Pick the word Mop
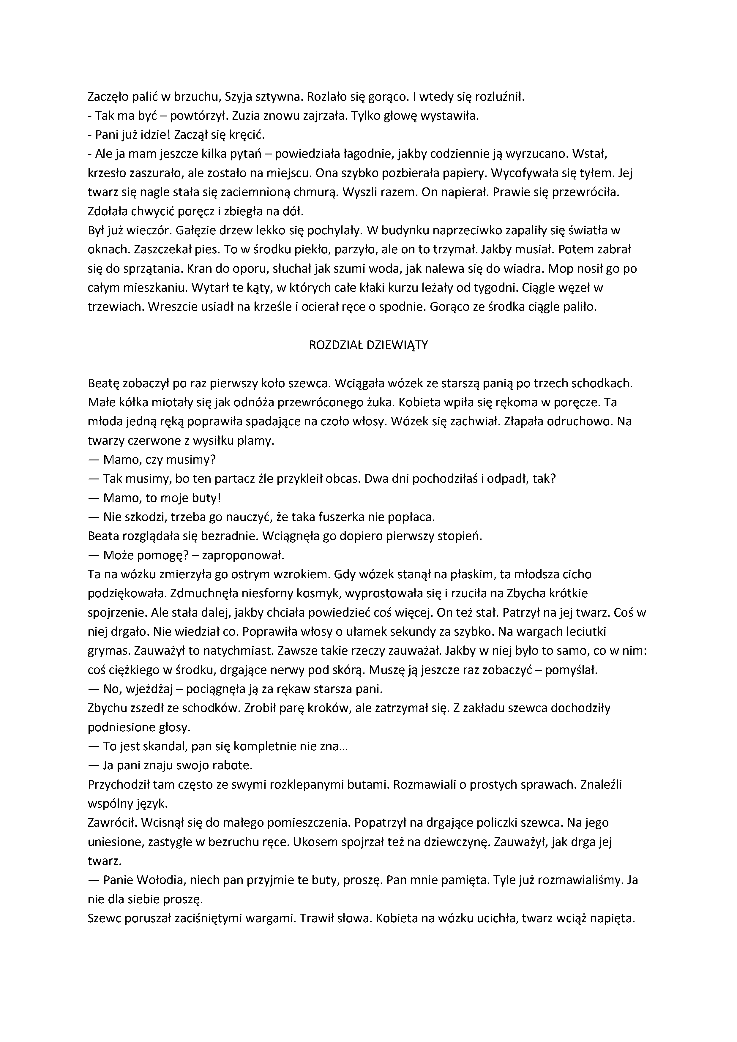point(560,269)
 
